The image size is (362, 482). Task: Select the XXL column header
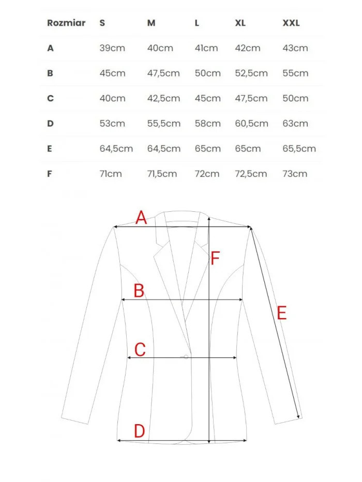[x=291, y=23]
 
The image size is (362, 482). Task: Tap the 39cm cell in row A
[x=112, y=48]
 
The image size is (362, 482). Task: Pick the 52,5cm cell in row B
[x=252, y=73]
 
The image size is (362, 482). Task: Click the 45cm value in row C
[x=207, y=98]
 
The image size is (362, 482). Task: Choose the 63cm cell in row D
[x=295, y=123]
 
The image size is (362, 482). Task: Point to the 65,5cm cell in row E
[x=299, y=149]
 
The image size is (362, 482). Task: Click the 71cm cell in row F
[x=111, y=174]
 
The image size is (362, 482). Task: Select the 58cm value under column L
[x=207, y=123]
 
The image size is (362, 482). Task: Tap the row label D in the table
[x=50, y=123]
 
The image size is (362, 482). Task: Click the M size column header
[x=151, y=23]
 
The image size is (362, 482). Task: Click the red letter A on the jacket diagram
[x=141, y=218]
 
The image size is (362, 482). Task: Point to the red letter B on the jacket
[x=139, y=291]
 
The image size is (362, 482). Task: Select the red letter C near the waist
[x=140, y=350]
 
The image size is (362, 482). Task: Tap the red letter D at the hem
[x=139, y=431]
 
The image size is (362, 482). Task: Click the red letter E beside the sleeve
[x=281, y=313]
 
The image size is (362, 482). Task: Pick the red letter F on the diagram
[x=216, y=258]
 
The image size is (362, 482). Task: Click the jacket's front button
[x=186, y=356]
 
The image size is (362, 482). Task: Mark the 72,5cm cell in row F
[x=252, y=174]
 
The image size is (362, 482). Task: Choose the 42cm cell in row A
[x=248, y=48]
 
